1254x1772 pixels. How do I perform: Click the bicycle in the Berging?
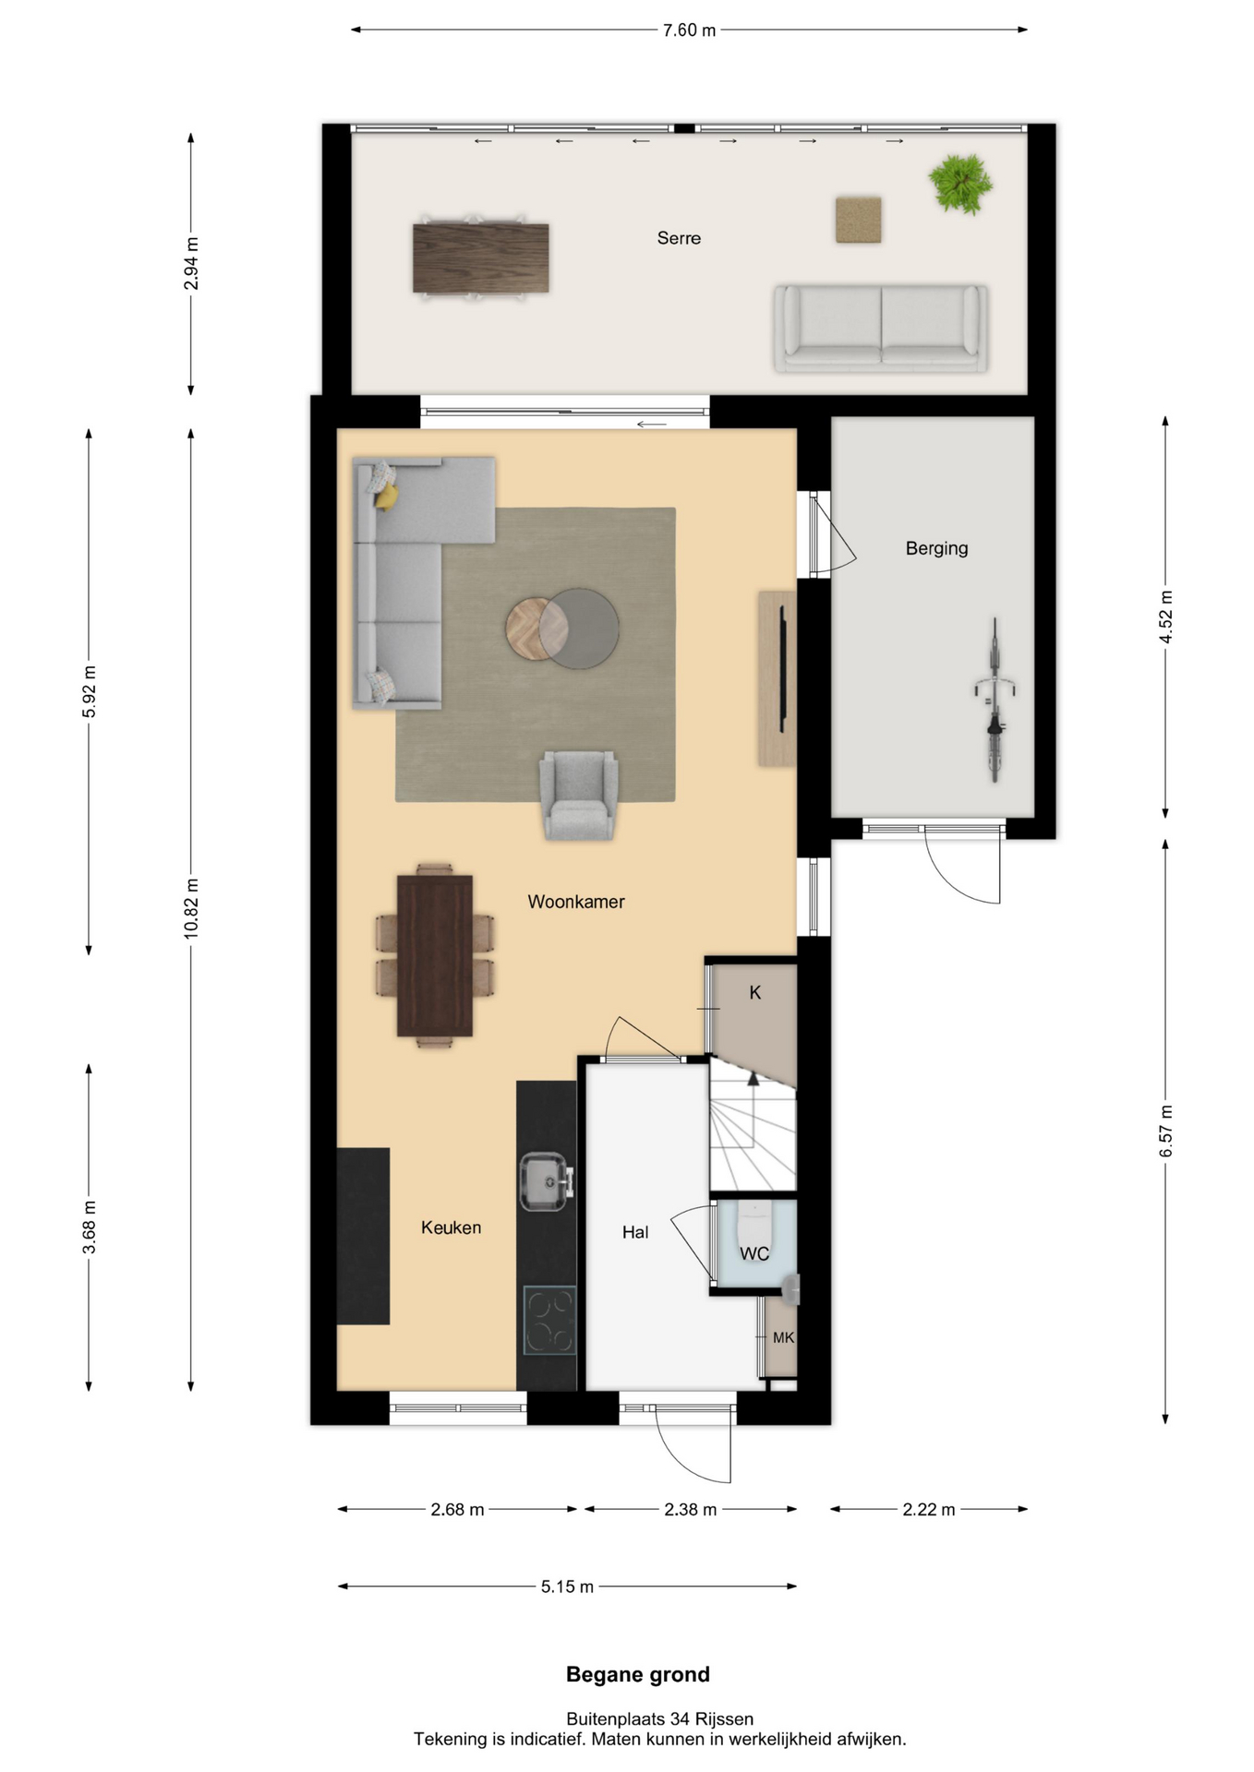995,700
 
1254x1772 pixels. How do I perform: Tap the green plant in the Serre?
961,184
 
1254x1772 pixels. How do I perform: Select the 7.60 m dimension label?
689,30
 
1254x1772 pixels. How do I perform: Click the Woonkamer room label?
576,902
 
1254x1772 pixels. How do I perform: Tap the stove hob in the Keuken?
549,1321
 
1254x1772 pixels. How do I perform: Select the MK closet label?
783,1337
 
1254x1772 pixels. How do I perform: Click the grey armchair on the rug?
579,795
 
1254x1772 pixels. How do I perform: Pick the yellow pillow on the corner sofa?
387,497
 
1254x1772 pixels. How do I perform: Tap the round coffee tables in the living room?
562,629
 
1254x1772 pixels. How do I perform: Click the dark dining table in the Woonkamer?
435,956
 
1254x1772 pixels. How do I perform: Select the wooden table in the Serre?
481,258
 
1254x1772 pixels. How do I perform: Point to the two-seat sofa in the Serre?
881,329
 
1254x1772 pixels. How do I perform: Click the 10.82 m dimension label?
191,909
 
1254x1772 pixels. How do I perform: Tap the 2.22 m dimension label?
929,1510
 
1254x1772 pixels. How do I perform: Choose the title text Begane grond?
638,1674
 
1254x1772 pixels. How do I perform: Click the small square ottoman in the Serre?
859,220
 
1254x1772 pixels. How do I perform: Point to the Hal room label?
635,1232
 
